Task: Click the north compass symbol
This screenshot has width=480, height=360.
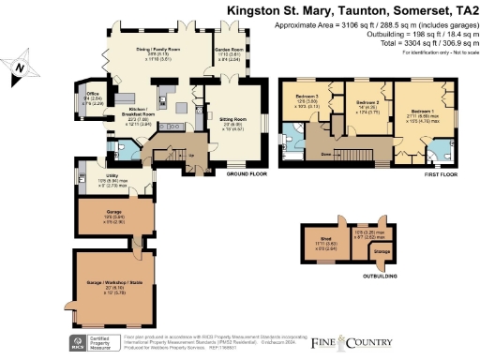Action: pyautogui.click(x=21, y=67)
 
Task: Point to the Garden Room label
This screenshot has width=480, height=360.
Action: pyautogui.click(x=229, y=52)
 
